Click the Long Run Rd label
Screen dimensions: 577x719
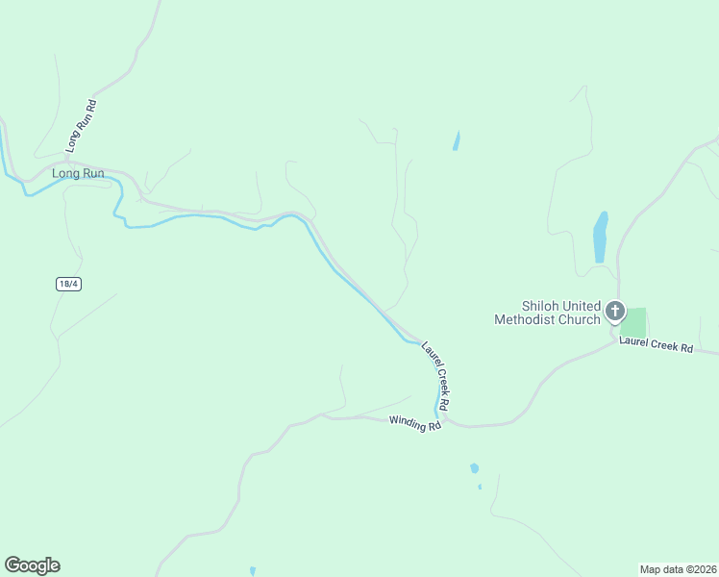[x=82, y=126]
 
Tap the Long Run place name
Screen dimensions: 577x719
[x=78, y=174]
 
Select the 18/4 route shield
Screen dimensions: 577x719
[x=66, y=284]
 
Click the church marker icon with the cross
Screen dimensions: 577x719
[x=614, y=312]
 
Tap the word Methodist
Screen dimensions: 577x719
[x=525, y=319]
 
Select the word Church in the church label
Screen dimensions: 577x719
[x=579, y=319]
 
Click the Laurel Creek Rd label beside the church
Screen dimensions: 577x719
[x=656, y=343]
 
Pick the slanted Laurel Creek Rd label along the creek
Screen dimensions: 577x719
[x=436, y=373]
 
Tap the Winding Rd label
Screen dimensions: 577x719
[x=414, y=422]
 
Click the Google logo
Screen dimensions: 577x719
[x=32, y=565]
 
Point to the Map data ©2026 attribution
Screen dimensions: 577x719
[x=678, y=568]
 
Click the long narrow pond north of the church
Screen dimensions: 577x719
[x=601, y=237]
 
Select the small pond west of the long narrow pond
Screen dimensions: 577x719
[x=456, y=140]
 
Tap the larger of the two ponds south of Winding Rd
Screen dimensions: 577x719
[x=474, y=468]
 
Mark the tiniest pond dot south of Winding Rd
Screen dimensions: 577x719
[x=480, y=487]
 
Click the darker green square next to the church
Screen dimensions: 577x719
[x=633, y=322]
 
